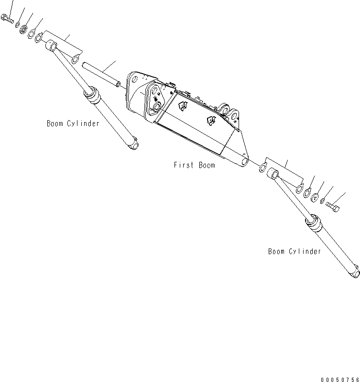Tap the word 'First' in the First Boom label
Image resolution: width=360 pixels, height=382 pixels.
click(x=183, y=165)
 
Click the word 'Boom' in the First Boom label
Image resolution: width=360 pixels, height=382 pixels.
click(x=207, y=165)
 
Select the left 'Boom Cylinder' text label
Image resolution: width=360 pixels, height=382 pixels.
click(x=73, y=124)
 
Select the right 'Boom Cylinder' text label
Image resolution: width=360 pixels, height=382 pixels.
click(x=294, y=251)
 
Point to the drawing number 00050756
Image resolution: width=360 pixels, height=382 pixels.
click(x=339, y=379)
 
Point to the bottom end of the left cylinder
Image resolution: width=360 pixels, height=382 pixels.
click(x=133, y=143)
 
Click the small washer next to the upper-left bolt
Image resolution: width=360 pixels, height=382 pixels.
click(x=17, y=24)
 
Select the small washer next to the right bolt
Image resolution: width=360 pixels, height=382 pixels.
click(x=323, y=201)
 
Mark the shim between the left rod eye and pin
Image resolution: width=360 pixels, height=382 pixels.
click(x=75, y=59)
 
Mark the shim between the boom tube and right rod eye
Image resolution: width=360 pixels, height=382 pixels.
click(x=262, y=167)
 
